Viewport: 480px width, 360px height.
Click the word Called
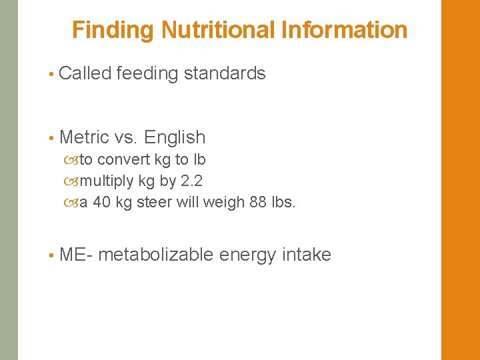85,73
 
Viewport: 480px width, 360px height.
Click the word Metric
84,137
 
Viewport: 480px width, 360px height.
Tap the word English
175,138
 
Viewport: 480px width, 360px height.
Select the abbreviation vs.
125,138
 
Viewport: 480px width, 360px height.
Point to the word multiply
107,181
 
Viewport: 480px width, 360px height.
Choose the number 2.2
192,181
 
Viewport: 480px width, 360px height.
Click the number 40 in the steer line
102,202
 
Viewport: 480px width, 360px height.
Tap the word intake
307,255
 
